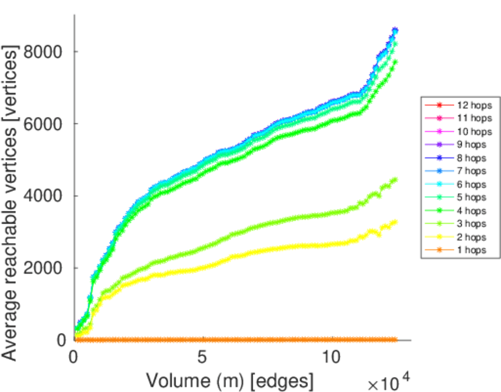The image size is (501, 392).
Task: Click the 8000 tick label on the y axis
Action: click(45, 52)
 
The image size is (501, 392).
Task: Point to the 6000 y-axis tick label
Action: click(45, 124)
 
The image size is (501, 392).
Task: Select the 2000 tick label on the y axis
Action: click(45, 268)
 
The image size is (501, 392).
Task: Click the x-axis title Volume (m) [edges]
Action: click(230, 380)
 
